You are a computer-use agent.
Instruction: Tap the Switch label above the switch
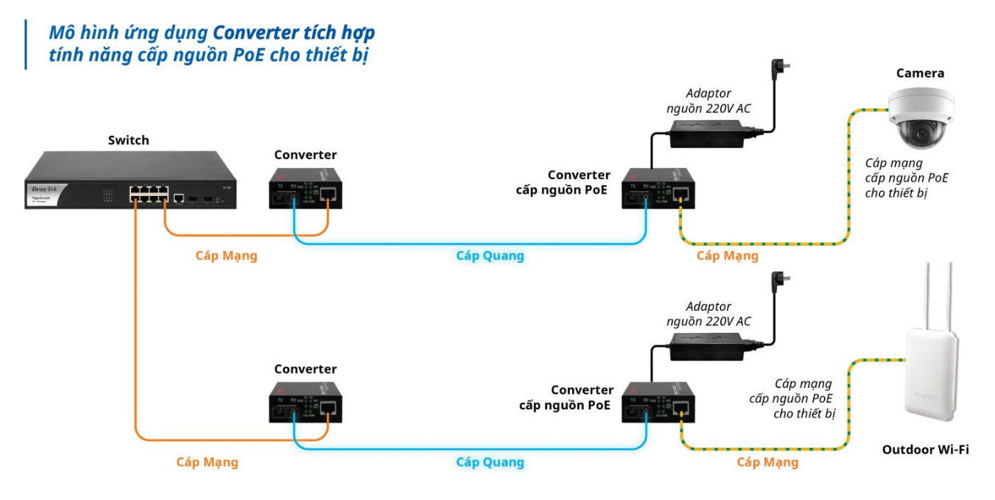(128, 140)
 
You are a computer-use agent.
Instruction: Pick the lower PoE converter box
(658, 403)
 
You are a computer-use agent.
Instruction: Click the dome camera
(921, 116)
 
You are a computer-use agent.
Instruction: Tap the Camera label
(920, 73)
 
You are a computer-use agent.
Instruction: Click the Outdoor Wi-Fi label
(925, 448)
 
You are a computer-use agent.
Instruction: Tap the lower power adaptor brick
(705, 345)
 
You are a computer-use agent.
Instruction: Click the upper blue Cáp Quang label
(490, 256)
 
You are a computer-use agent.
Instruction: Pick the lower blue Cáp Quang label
(490, 462)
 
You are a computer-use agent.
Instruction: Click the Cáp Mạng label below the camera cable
(727, 256)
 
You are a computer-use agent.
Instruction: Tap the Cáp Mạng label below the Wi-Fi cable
(767, 462)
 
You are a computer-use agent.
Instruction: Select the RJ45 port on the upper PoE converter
(681, 194)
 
